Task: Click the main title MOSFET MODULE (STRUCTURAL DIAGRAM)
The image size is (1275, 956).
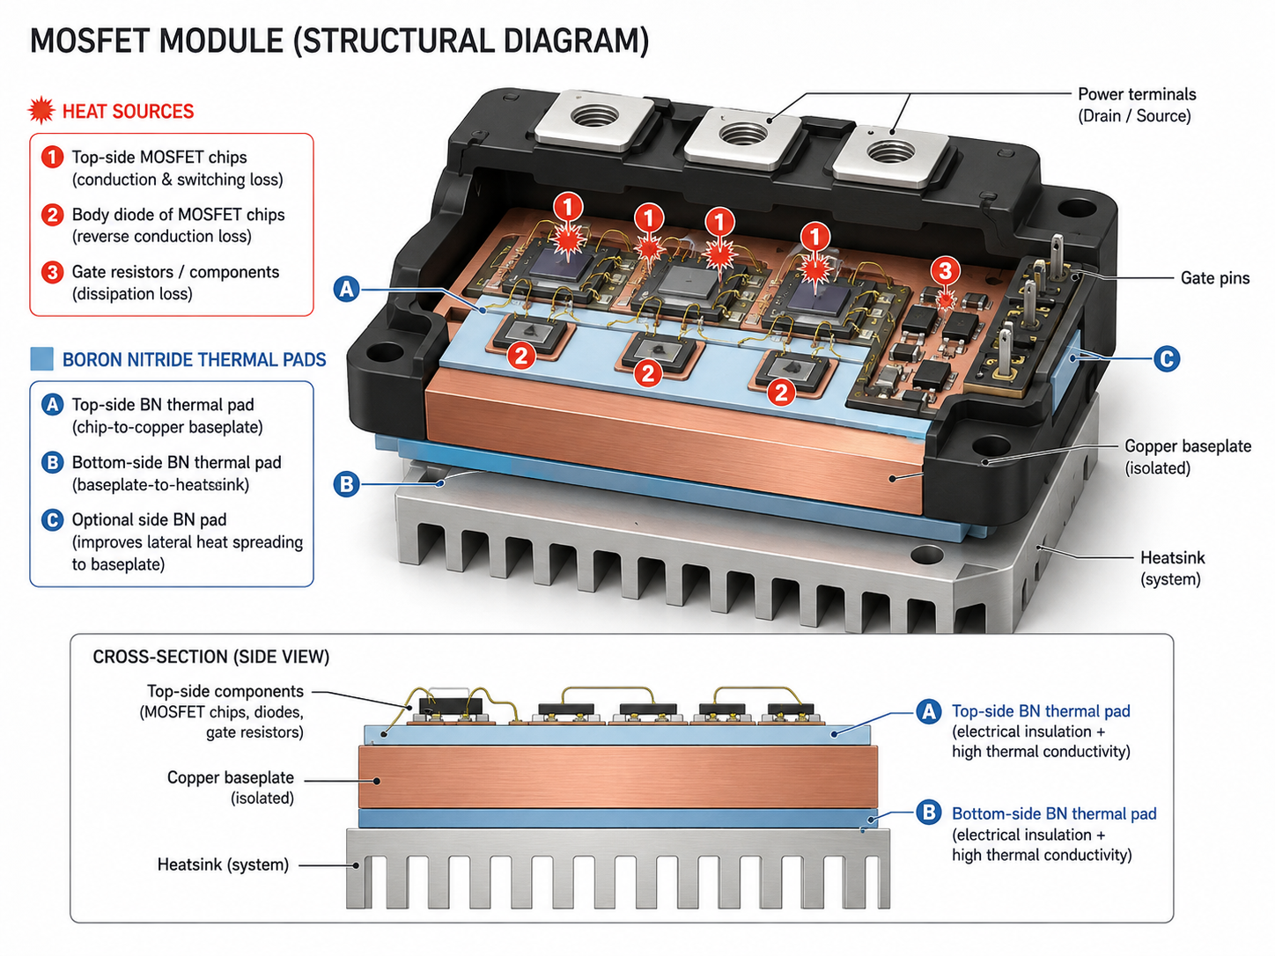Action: pyautogui.click(x=339, y=41)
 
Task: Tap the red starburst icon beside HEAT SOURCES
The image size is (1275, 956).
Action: pyautogui.click(x=41, y=110)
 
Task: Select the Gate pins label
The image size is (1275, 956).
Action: pyautogui.click(x=1214, y=278)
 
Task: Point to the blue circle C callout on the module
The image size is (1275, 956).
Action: pyautogui.click(x=1167, y=358)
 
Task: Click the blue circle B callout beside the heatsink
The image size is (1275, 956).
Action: pyautogui.click(x=347, y=483)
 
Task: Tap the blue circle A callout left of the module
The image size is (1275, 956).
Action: pyautogui.click(x=347, y=289)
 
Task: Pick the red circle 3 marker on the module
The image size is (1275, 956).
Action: pyautogui.click(x=945, y=270)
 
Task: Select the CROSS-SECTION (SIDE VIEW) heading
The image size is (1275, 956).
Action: pyautogui.click(x=210, y=657)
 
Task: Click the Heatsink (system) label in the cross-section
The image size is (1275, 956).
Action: pyautogui.click(x=223, y=864)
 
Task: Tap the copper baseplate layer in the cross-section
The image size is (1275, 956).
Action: pyautogui.click(x=618, y=776)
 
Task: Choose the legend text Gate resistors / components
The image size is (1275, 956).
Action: pyautogui.click(x=175, y=272)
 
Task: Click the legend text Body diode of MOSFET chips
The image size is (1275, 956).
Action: pyautogui.click(x=179, y=215)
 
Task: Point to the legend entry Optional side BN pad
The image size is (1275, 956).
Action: pyautogui.click(x=150, y=519)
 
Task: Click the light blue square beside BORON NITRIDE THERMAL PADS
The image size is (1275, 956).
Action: pyautogui.click(x=41, y=358)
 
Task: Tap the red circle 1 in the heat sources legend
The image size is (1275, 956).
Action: pyautogui.click(x=52, y=157)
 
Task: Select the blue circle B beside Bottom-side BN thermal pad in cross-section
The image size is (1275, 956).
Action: pyautogui.click(x=928, y=812)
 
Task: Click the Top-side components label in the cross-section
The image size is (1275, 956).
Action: pyautogui.click(x=225, y=691)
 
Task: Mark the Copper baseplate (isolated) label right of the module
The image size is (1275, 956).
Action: pyautogui.click(x=1187, y=457)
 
